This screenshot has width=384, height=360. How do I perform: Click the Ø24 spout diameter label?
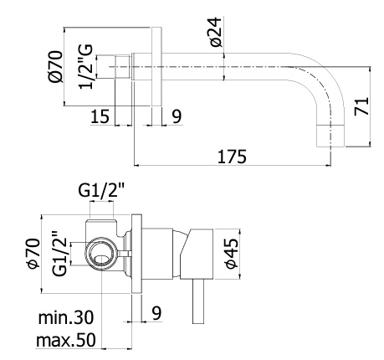pos(216,32)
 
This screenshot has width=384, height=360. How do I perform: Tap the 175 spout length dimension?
pos(232,157)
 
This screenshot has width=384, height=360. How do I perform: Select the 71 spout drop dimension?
pos(361,106)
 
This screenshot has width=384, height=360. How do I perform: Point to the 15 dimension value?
pos(100,116)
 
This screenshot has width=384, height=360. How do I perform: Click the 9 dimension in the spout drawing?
pos(177,116)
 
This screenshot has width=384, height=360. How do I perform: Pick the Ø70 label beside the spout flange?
pos(55,66)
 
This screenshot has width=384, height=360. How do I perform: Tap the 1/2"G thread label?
pos(85,66)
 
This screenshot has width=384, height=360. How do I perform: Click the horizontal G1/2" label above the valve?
pos(100,190)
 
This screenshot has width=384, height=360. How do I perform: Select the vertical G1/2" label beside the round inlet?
pos(59,254)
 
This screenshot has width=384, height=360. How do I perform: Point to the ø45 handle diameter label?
pos(232,254)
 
